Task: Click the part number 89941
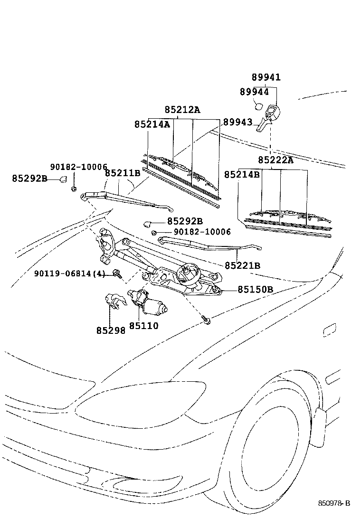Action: [x=266, y=77]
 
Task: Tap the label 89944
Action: [x=254, y=92]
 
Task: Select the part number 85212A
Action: [x=182, y=109]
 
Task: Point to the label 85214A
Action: [x=152, y=124]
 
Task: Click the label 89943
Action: [x=238, y=122]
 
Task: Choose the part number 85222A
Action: [x=276, y=160]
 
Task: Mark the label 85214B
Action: [x=242, y=174]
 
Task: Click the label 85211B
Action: [x=123, y=173]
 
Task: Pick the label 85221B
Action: [x=242, y=266]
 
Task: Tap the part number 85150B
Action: [x=255, y=289]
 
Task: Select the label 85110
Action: [x=144, y=326]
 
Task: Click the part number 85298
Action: [x=111, y=330]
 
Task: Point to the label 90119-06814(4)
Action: [x=70, y=273]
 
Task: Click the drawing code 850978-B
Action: [x=334, y=503]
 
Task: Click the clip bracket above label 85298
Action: [x=115, y=301]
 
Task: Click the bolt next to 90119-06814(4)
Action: [x=117, y=273]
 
